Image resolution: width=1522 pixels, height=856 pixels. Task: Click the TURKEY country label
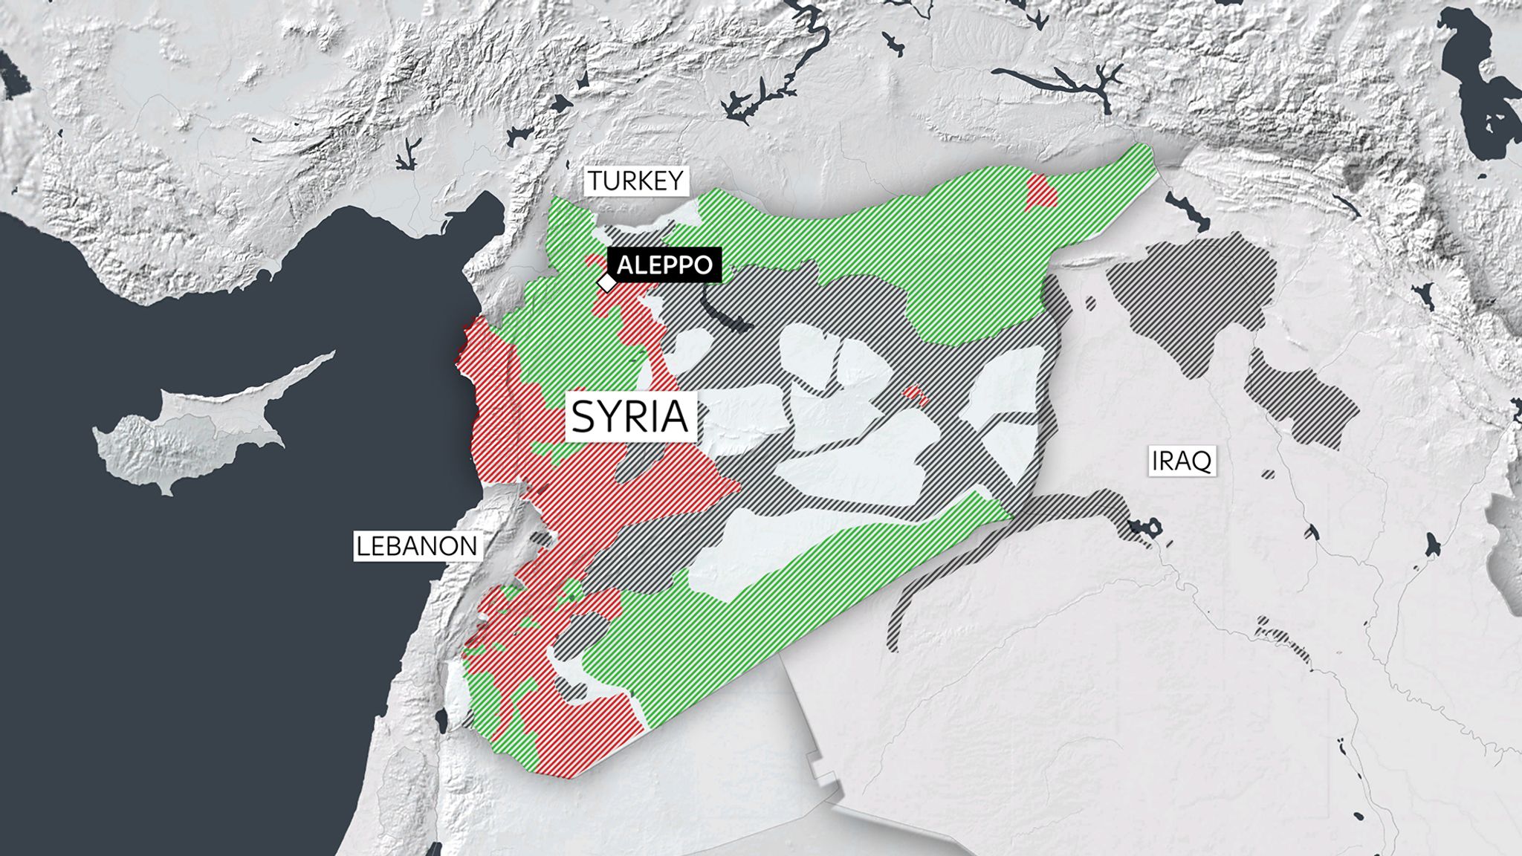[635, 181]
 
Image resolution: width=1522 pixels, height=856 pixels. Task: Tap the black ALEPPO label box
[664, 265]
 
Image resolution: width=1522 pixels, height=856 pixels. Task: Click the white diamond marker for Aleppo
[607, 283]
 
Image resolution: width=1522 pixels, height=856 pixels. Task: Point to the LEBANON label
[416, 546]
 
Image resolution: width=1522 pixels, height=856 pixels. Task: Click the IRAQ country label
[1181, 461]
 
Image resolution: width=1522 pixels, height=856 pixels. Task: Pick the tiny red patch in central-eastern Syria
[916, 394]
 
